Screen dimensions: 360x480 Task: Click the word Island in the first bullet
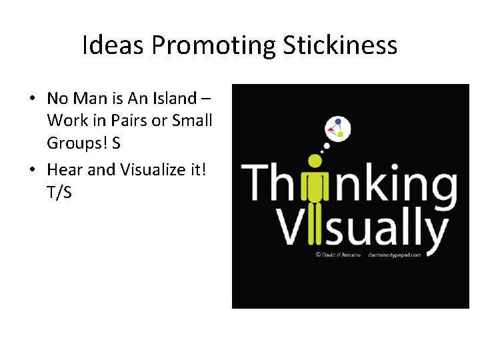tap(173, 99)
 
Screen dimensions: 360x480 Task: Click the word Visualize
tap(151, 169)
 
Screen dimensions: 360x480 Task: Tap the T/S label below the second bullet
tap(59, 192)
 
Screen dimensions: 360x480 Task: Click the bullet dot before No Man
tap(31, 99)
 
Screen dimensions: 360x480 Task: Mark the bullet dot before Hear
tap(31, 169)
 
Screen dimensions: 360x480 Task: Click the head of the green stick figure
tap(315, 161)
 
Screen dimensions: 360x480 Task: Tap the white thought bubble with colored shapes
tap(336, 129)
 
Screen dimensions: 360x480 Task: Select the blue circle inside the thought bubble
tap(339, 121)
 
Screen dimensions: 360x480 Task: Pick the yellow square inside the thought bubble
tap(341, 134)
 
